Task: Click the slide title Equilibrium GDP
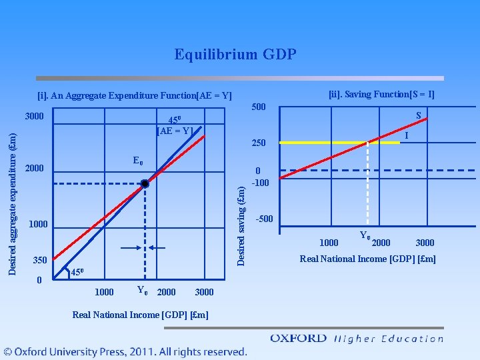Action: click(235, 54)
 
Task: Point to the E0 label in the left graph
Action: click(138, 161)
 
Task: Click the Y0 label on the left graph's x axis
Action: click(141, 290)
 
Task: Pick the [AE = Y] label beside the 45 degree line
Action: click(174, 131)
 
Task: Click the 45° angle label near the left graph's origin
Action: click(78, 272)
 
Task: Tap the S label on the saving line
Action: click(419, 115)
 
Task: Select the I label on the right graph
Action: click(405, 135)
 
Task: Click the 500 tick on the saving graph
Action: click(258, 107)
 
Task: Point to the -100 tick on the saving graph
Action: click(261, 183)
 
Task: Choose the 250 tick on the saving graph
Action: click(259, 143)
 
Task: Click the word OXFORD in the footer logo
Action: click(298, 338)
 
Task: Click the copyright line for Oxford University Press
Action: click(125, 351)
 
